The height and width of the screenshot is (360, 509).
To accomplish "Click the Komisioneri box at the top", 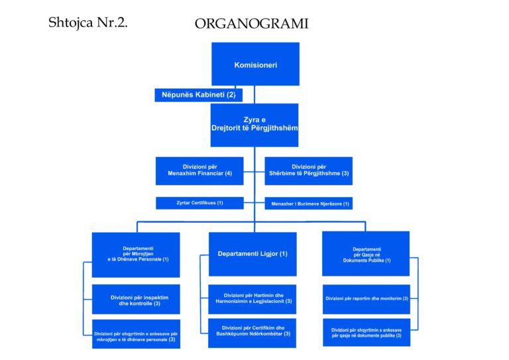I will pyautogui.click(x=255, y=64).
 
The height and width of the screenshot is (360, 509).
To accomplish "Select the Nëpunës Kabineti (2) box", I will pyautogui.click(x=198, y=95).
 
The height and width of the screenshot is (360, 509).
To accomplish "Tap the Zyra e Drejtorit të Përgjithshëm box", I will pyautogui.click(x=255, y=125).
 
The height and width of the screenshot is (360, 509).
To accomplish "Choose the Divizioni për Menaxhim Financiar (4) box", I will pyautogui.click(x=199, y=170).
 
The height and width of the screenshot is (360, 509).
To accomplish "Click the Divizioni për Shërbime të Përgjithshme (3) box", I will pyautogui.click(x=308, y=170).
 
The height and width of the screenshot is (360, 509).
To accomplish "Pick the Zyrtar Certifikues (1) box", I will pyautogui.click(x=199, y=203).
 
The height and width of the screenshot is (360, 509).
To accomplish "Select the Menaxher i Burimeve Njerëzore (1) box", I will pyautogui.click(x=308, y=204).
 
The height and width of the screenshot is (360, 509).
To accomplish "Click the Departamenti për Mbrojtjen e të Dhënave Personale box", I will pyautogui.click(x=136, y=254).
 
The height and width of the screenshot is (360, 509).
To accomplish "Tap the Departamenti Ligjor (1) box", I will pyautogui.click(x=253, y=254).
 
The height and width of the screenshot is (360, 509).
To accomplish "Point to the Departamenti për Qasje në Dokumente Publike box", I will pyautogui.click(x=366, y=254).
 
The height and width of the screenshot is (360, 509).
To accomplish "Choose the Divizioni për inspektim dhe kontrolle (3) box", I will pyautogui.click(x=136, y=299).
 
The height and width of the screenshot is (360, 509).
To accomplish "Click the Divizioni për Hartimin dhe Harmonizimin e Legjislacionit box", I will pyautogui.click(x=253, y=299).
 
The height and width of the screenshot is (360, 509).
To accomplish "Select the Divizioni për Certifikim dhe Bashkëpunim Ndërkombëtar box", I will pyautogui.click(x=253, y=332).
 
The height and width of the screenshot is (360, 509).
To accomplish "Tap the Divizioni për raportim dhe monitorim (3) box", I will pyautogui.click(x=367, y=299).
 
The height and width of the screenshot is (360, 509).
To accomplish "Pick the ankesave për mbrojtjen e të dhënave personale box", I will pyautogui.click(x=136, y=334).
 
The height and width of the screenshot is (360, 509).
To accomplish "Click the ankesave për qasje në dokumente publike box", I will pyautogui.click(x=367, y=333).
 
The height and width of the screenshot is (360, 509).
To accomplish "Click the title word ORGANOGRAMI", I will pyautogui.click(x=251, y=25).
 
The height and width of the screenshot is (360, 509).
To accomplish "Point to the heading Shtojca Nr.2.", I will pyautogui.click(x=87, y=23).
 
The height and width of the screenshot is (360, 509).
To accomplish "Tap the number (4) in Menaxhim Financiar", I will pyautogui.click(x=228, y=174).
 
